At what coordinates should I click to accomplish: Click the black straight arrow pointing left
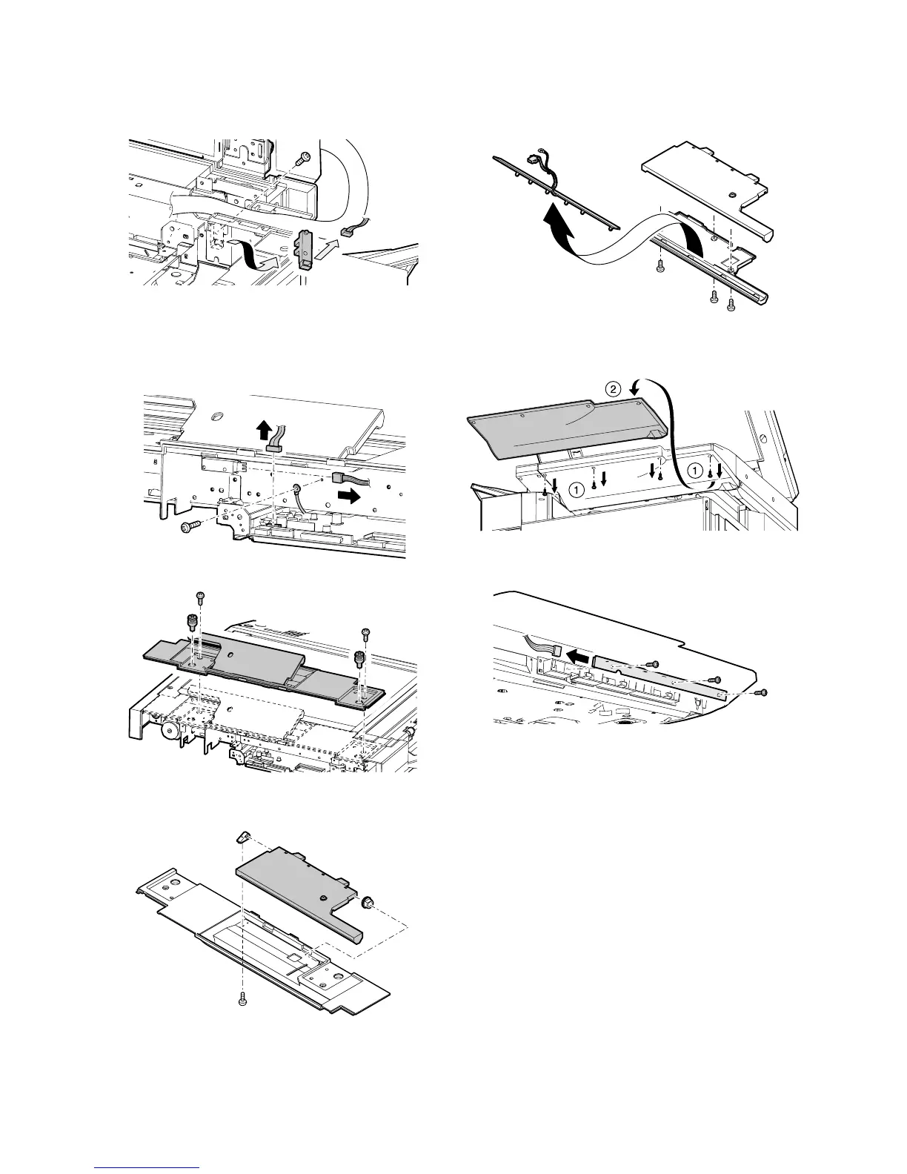[x=579, y=656]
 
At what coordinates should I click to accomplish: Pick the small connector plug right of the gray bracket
[x=346, y=231]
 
